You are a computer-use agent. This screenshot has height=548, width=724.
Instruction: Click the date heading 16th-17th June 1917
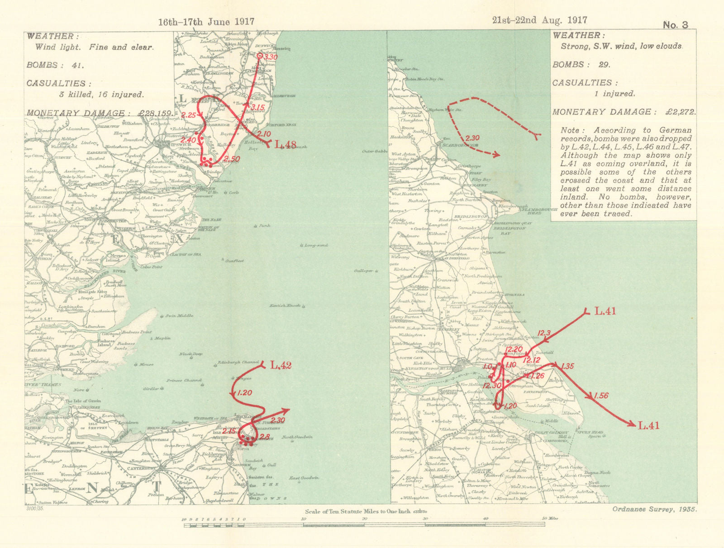(206, 22)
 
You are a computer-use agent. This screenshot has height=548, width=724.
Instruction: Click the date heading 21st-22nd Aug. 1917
(540, 20)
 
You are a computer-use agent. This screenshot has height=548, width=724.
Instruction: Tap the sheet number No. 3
(675, 25)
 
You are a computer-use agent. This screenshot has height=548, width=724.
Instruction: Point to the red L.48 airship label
(286, 145)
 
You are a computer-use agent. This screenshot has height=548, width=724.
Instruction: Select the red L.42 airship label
(281, 365)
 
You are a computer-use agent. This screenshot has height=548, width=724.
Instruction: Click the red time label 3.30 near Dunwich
(271, 57)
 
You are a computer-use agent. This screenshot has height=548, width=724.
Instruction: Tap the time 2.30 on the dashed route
(472, 138)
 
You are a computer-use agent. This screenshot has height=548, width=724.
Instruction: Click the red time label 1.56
(601, 396)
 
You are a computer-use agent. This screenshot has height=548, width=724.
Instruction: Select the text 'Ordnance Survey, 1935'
(654, 509)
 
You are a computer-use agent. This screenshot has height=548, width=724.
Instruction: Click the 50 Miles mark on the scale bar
(549, 519)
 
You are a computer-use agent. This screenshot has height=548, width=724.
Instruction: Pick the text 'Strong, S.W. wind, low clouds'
(621, 46)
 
